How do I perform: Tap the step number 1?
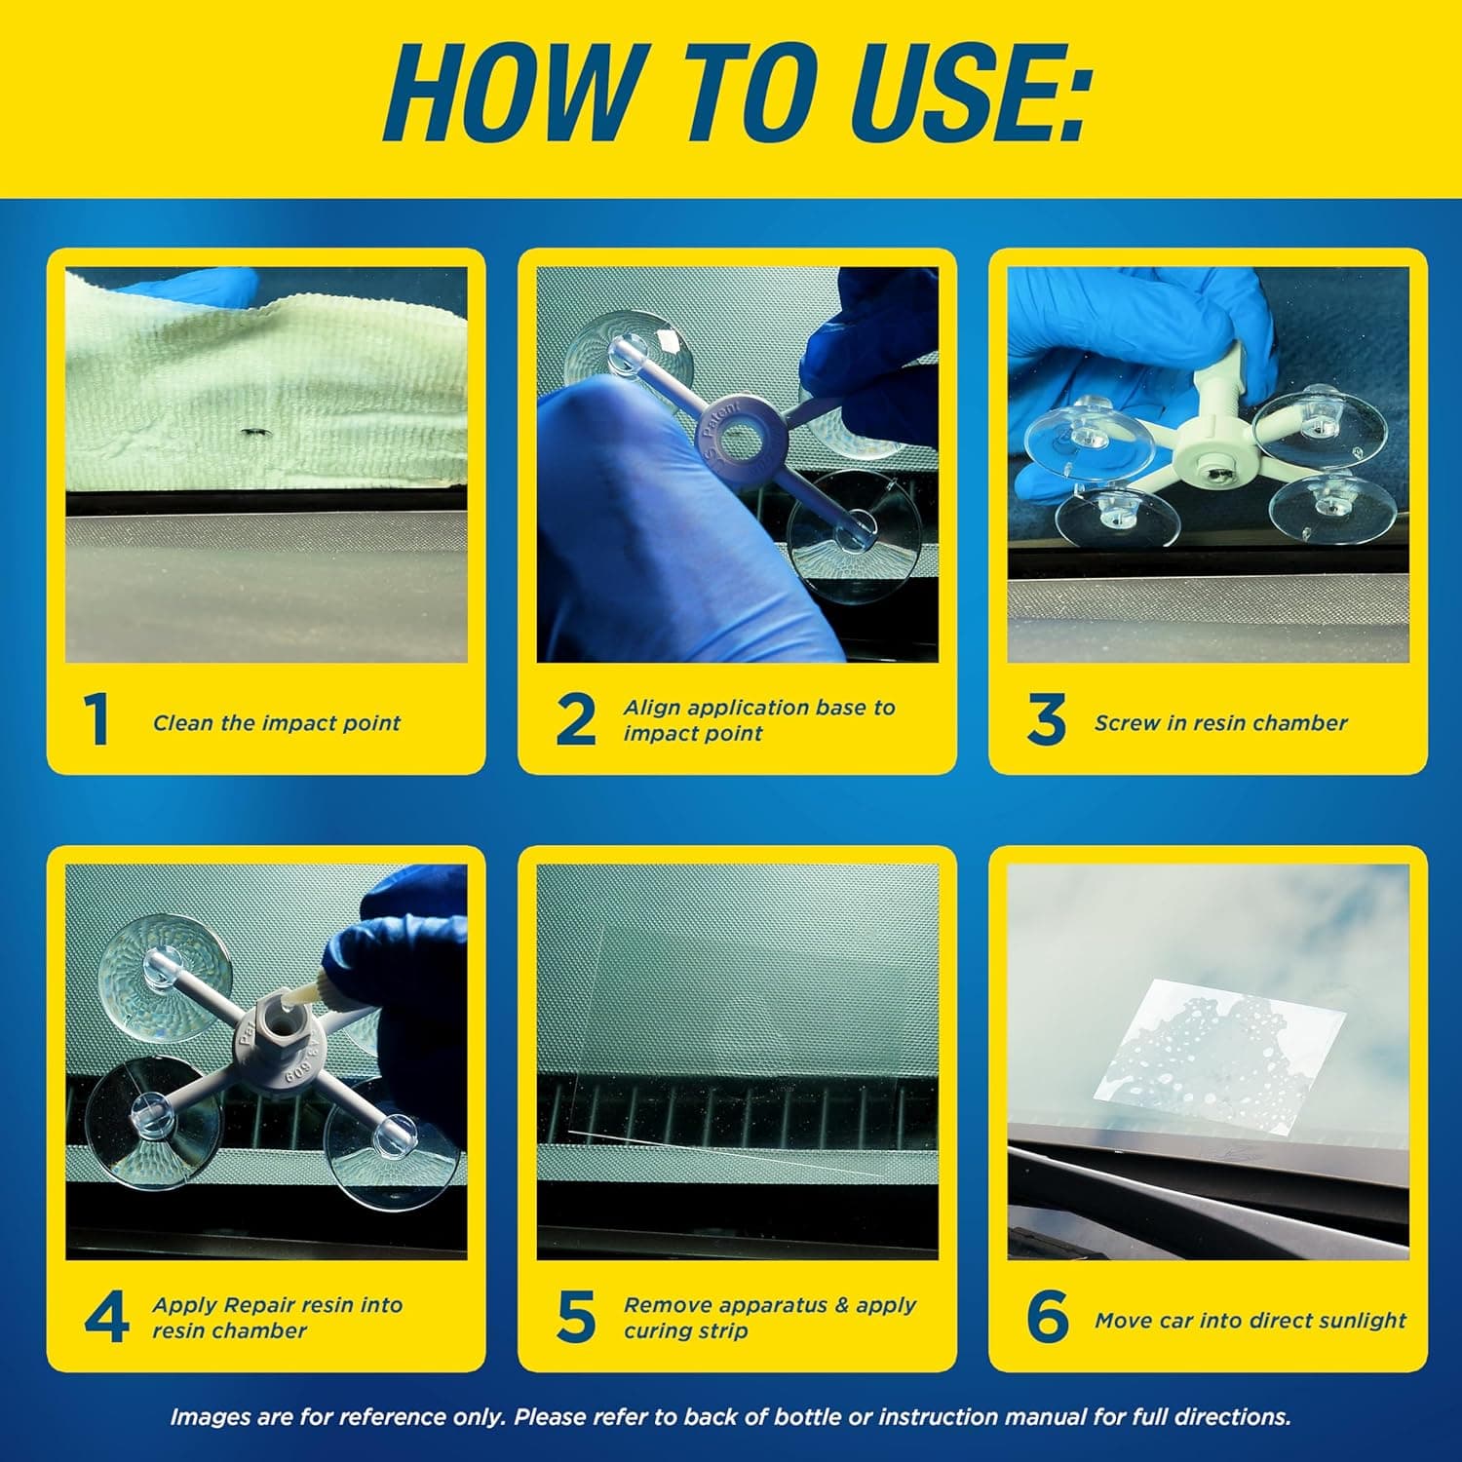click(96, 721)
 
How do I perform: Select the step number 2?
click(575, 721)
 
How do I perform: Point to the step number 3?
click(1046, 721)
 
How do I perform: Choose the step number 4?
click(105, 1318)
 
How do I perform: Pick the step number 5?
click(575, 1318)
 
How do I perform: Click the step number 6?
click(1047, 1318)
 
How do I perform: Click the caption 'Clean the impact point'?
click(277, 723)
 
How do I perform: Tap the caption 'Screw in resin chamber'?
click(1220, 723)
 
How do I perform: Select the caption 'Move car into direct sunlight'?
click(1250, 1321)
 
